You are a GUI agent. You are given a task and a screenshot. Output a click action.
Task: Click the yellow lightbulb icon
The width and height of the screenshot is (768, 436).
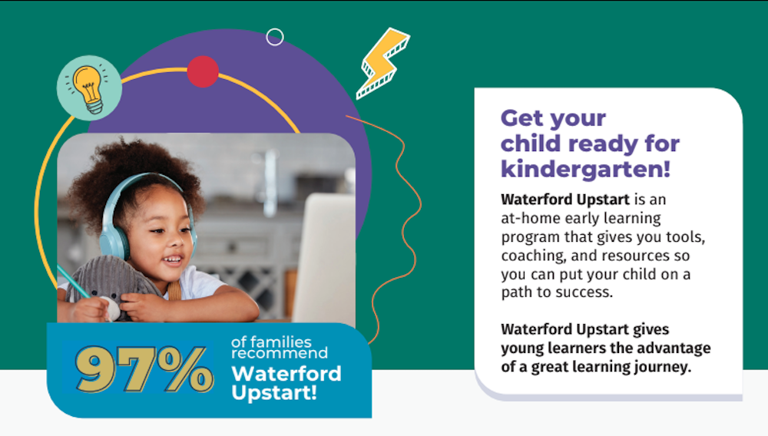89,88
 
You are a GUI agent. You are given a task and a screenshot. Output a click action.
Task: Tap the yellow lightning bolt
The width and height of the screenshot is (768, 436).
382,63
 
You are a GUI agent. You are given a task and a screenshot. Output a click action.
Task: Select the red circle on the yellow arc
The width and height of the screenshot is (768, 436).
203,71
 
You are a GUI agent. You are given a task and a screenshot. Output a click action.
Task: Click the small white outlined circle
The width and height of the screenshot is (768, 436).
275,37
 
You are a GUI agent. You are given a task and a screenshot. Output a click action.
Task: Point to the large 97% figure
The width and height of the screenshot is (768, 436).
144,368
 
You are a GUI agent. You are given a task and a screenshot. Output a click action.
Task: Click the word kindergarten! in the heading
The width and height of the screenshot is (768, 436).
585,170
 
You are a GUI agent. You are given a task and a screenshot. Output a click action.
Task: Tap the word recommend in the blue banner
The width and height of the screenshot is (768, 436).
280,353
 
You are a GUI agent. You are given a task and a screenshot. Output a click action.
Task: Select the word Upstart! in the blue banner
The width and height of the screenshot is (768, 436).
274,392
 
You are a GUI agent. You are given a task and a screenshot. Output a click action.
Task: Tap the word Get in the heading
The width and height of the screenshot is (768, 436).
522,118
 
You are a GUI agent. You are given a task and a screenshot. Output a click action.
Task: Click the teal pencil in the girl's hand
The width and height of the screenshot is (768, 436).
74,281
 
